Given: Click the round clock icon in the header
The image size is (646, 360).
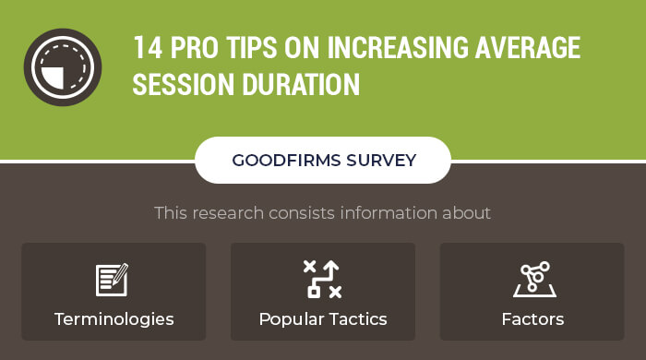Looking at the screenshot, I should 62,67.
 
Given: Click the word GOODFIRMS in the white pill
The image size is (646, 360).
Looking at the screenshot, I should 286,161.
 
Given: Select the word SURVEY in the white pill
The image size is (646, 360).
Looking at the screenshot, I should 381,161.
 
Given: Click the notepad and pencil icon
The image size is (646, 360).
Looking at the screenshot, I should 113,280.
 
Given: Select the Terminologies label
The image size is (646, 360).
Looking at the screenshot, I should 114,320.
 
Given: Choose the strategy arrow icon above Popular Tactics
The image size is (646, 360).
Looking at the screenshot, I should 322,279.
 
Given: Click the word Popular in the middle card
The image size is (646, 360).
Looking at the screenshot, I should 290,320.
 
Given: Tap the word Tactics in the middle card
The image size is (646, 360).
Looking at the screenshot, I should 357,320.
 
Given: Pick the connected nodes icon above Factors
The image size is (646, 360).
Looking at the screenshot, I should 532,280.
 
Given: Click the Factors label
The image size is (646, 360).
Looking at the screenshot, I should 532,320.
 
